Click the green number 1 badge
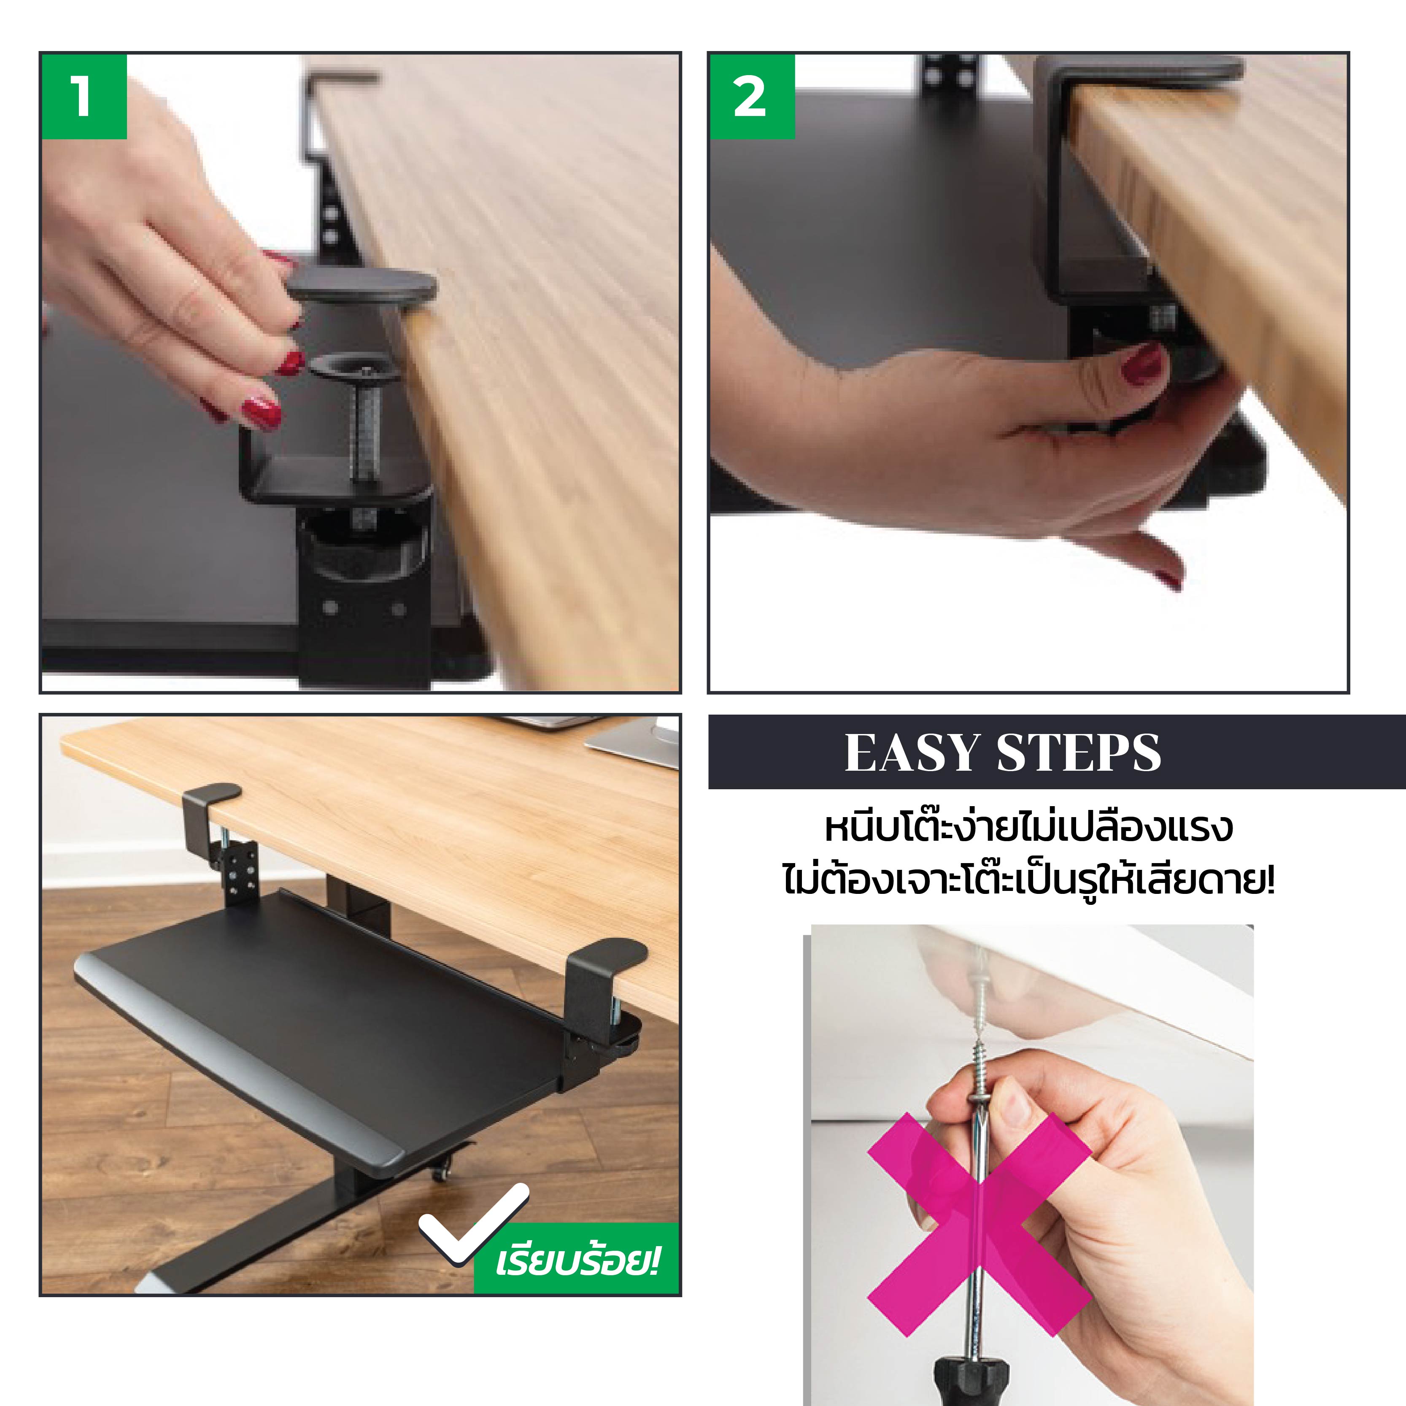[x=84, y=96]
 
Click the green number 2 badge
[x=752, y=96]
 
